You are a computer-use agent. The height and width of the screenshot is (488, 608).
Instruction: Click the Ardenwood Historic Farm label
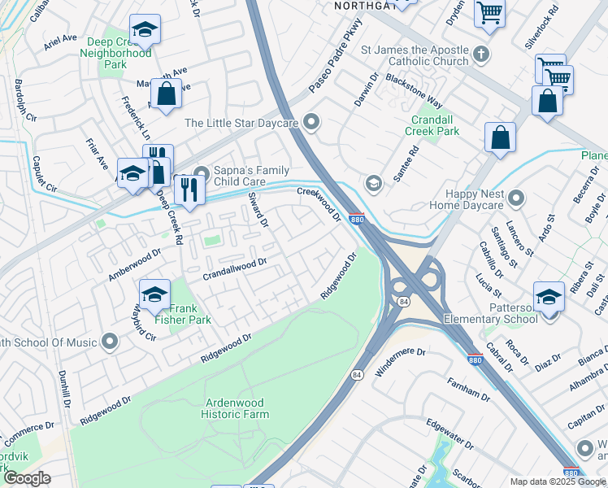pyautogui.click(x=236, y=408)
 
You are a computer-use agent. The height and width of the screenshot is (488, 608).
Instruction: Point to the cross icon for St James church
pyautogui.click(x=481, y=55)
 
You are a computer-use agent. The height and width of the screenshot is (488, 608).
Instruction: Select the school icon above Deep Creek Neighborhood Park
pyautogui.click(x=145, y=30)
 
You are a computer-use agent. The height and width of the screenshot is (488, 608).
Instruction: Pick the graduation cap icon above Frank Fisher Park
pyautogui.click(x=154, y=294)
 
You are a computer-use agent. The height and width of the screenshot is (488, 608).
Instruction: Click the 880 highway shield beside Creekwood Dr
pyautogui.click(x=356, y=219)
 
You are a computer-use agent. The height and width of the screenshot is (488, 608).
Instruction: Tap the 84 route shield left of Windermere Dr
pyautogui.click(x=357, y=375)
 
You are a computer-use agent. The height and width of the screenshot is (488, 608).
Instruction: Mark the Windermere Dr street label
pyautogui.click(x=400, y=363)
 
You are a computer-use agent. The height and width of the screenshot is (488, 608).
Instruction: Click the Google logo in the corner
pyautogui.click(x=28, y=478)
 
